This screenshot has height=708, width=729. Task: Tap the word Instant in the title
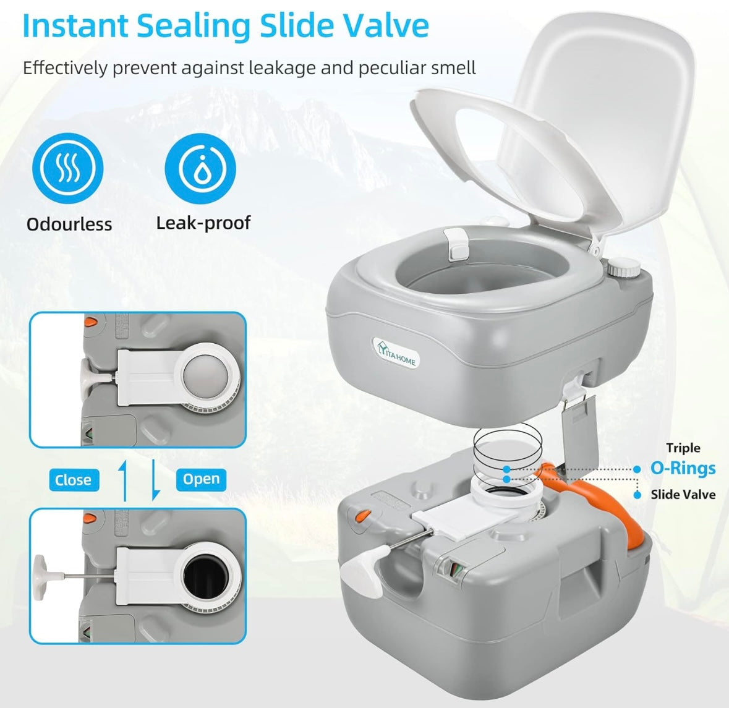(x=74, y=25)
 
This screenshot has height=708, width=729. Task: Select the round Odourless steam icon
(x=68, y=168)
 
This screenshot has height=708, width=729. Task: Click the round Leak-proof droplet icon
(x=200, y=168)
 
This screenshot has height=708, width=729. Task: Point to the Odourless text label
(x=69, y=224)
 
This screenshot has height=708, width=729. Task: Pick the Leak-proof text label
(x=203, y=223)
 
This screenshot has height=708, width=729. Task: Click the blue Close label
(x=73, y=480)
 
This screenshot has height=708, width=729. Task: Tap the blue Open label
(x=201, y=479)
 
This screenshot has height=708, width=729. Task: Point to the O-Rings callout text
(x=683, y=468)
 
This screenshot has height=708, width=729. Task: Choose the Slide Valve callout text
(x=683, y=495)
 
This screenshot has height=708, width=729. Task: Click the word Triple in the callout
(x=683, y=448)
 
